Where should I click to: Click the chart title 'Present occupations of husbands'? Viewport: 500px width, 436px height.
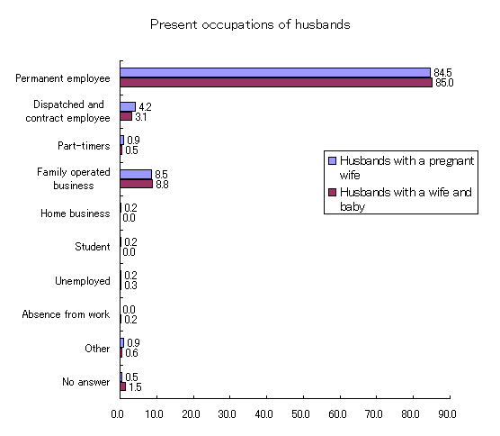250,25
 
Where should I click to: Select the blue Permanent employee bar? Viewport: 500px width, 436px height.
275,72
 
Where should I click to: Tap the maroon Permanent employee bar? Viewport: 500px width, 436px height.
276,82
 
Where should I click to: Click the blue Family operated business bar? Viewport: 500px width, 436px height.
136,175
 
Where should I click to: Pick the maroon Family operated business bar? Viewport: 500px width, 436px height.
137,184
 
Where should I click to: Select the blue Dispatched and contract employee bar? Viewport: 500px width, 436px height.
128,106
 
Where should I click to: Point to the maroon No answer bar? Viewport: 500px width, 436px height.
123,386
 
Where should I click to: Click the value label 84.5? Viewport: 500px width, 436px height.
442,73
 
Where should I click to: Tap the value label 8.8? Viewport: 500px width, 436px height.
162,185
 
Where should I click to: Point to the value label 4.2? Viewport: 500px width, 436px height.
145,106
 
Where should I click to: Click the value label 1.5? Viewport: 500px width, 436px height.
135,387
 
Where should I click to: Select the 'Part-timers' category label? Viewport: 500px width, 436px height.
84,146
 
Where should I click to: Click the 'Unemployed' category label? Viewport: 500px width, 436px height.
83,281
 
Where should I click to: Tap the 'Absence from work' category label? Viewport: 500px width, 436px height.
66,314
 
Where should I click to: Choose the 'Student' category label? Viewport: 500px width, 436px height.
93,247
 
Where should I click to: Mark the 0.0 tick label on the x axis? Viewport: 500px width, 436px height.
117,414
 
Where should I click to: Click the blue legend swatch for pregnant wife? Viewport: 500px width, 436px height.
332,160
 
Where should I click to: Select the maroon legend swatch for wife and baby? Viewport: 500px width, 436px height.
332,192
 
